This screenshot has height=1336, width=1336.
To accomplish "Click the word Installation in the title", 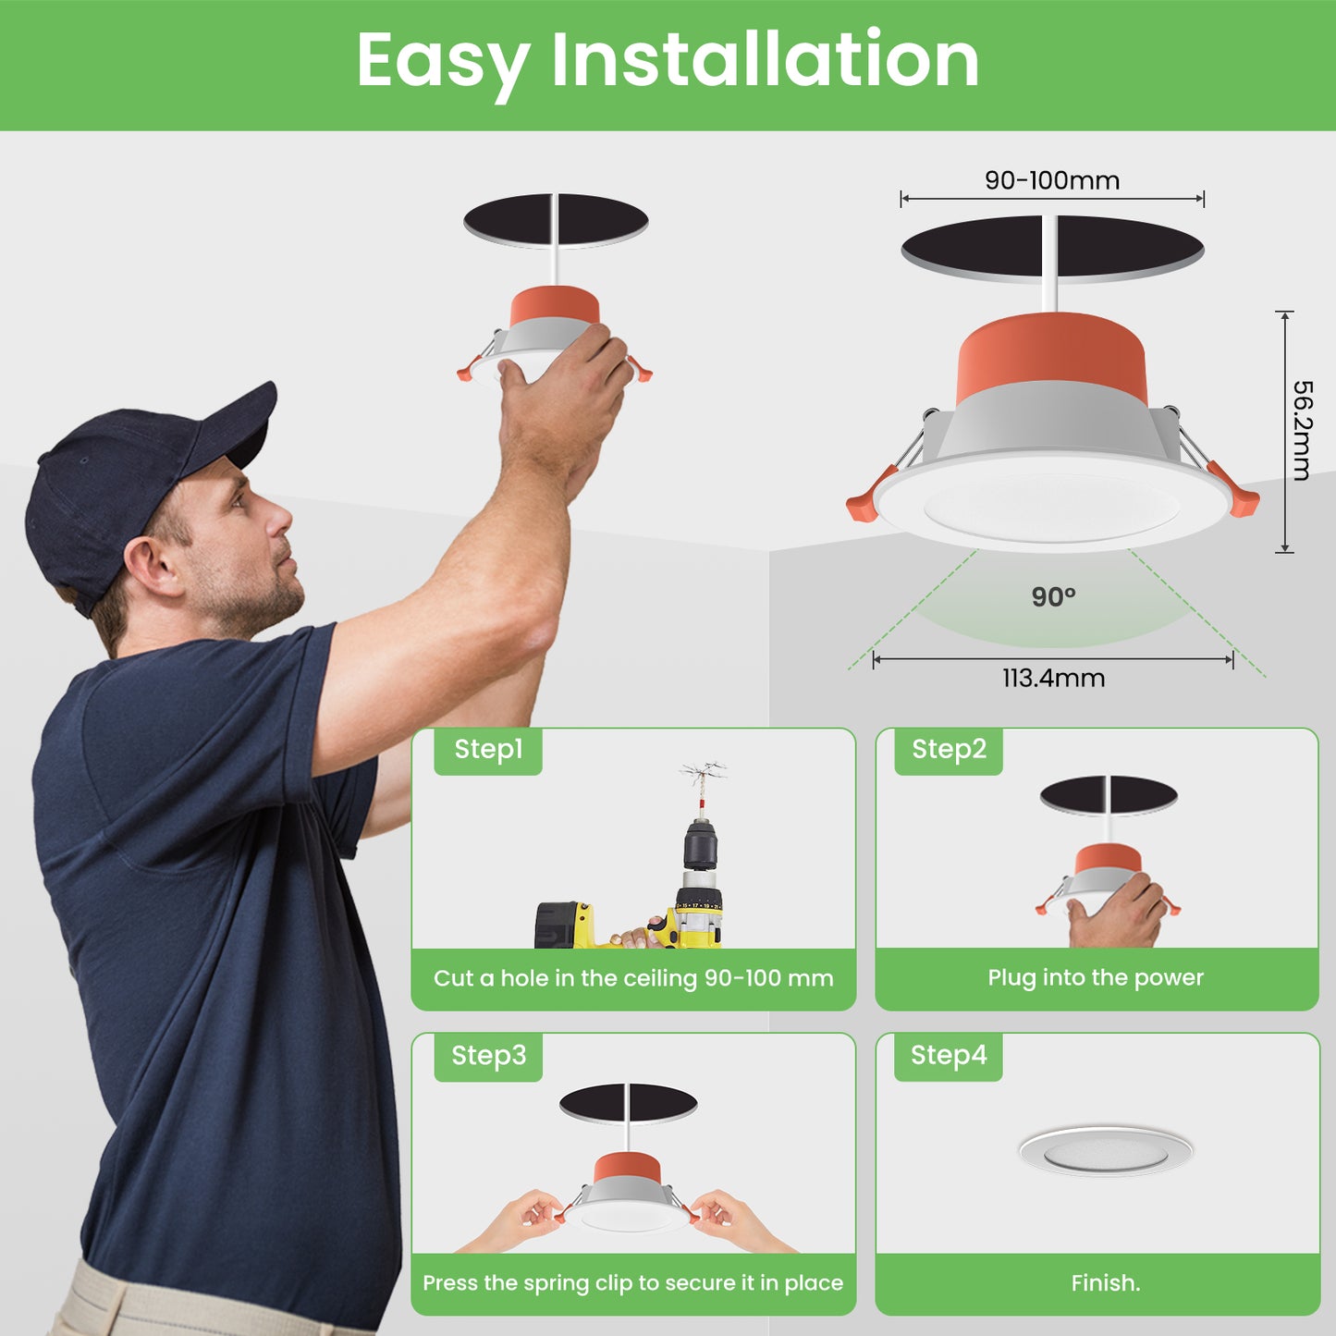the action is tap(765, 59).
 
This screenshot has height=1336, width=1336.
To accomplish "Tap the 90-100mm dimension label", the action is tap(1052, 180).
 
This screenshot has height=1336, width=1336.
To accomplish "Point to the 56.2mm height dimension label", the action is tap(1302, 430).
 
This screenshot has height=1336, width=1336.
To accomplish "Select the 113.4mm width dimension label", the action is tap(1054, 678).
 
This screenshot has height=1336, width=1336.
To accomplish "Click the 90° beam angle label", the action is tap(1053, 596).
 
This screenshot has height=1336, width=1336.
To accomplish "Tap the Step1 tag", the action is tap(488, 750).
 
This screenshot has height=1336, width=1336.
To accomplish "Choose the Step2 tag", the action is tap(949, 750).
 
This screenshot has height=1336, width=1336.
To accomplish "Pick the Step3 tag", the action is tap(488, 1056).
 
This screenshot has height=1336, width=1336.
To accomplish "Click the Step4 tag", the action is tap(949, 1056).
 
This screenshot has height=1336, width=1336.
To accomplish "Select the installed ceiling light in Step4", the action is tap(1105, 1152).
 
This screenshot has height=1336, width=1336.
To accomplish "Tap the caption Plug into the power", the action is tap(1096, 977).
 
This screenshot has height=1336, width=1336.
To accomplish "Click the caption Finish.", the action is tap(1105, 1283).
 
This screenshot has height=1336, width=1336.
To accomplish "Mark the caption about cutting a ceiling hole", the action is tap(633, 978).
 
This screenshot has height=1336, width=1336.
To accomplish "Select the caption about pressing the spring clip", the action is tap(633, 1283).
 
